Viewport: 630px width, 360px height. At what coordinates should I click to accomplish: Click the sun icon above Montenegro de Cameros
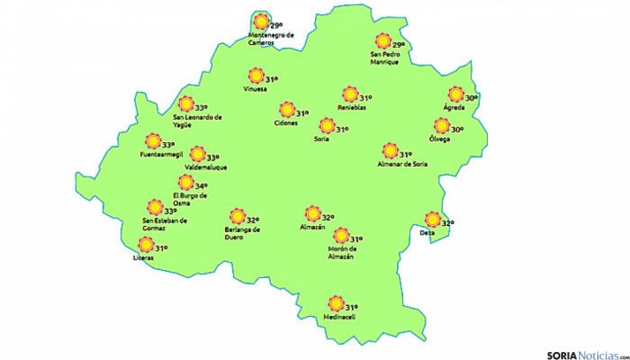click(x=259, y=23)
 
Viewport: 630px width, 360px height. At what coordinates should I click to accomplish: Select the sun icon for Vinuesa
click(x=256, y=76)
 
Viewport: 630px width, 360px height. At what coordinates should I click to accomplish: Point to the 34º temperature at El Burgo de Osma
click(x=201, y=186)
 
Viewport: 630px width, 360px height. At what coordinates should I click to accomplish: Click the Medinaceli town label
click(x=338, y=318)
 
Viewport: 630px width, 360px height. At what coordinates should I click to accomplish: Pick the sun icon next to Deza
click(x=432, y=220)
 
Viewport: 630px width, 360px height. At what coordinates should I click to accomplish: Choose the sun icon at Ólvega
click(x=442, y=126)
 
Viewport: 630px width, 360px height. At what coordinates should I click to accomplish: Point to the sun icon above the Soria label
click(x=326, y=126)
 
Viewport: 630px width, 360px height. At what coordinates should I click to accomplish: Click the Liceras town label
click(x=145, y=259)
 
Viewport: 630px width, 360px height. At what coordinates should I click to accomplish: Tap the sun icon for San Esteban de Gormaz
click(x=155, y=207)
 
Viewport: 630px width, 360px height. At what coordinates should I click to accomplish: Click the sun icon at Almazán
click(x=311, y=214)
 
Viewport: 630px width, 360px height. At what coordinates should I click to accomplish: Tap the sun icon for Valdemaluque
click(x=198, y=154)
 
